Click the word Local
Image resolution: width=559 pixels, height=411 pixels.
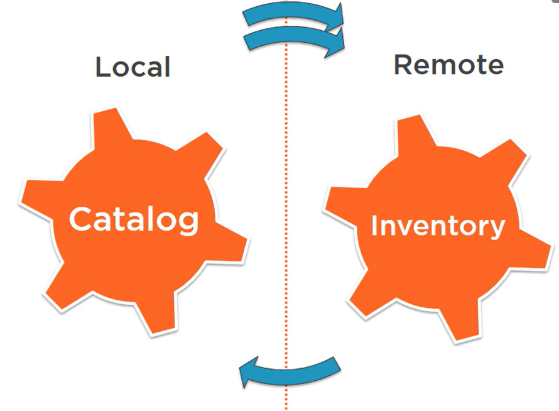tap(133, 67)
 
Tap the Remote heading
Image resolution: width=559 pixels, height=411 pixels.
tap(448, 65)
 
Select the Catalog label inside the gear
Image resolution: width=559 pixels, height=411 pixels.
tap(134, 219)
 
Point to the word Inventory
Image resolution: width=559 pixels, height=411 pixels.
tap(438, 226)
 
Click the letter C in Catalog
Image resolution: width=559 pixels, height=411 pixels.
tap(80, 219)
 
